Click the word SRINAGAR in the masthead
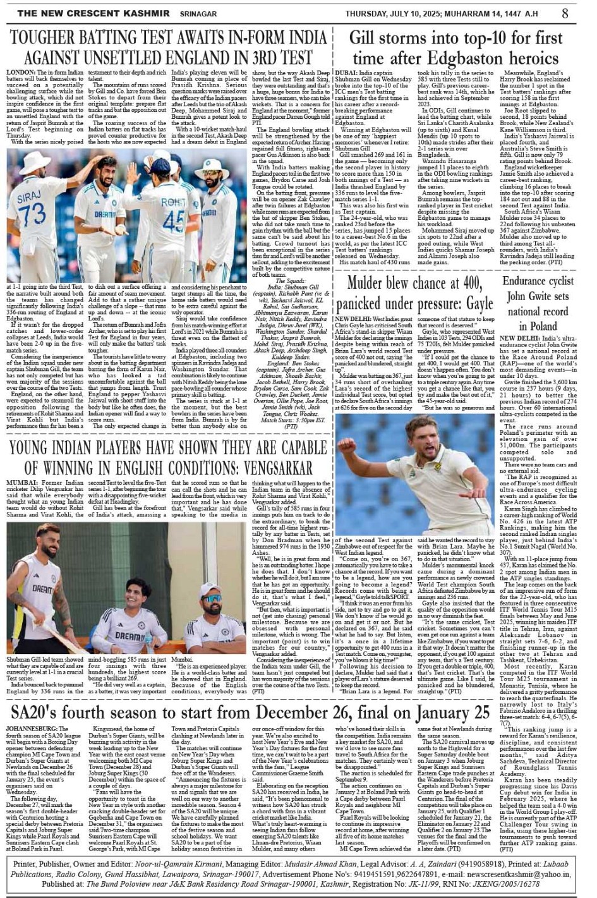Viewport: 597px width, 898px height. tap(198, 13)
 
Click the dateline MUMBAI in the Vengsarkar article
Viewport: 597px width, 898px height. tap(21, 483)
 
